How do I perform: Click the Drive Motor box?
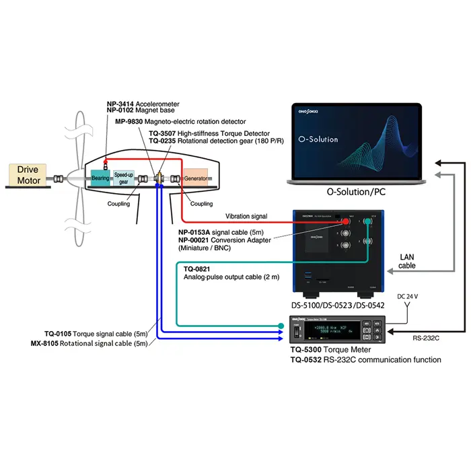pyautogui.click(x=28, y=175)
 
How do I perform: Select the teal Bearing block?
pyautogui.click(x=100, y=178)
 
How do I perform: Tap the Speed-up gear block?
pyautogui.click(x=123, y=178)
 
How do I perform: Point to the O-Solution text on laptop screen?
pyautogui.click(x=316, y=139)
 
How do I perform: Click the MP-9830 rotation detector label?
pyautogui.click(x=172, y=122)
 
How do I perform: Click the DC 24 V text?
pyautogui.click(x=408, y=295)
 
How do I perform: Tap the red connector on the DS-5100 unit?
pyautogui.click(x=346, y=221)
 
